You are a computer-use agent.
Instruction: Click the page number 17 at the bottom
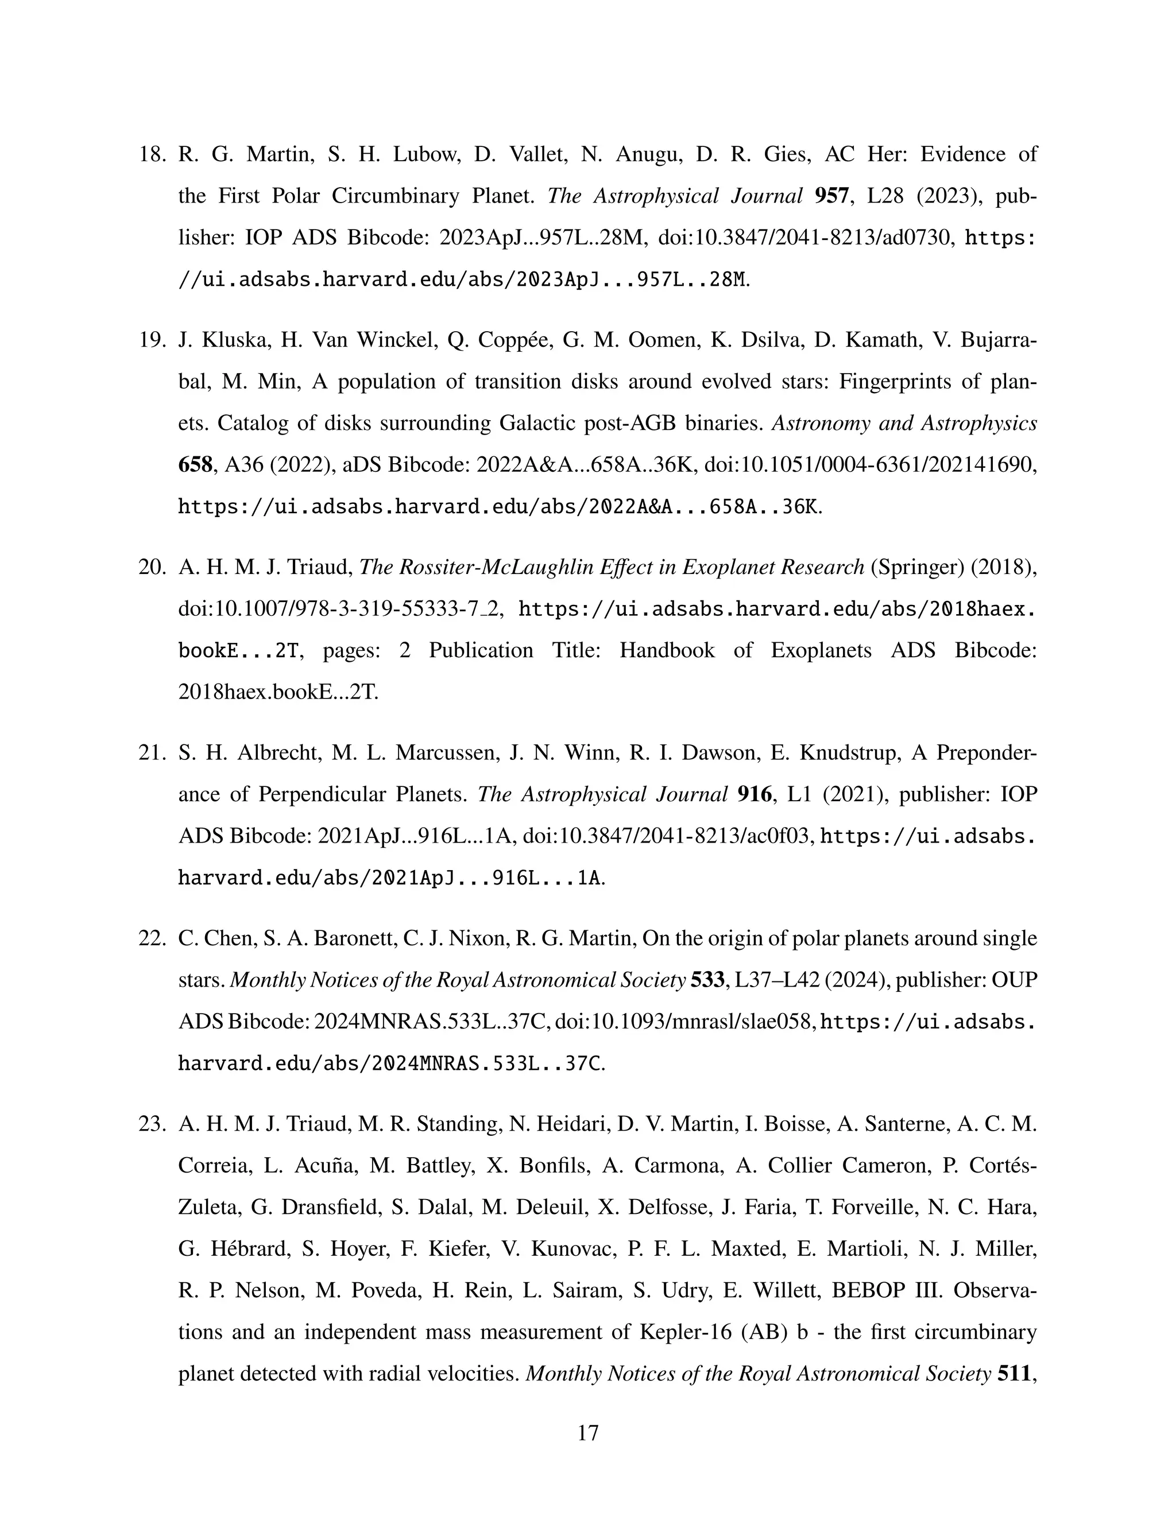coord(588,1433)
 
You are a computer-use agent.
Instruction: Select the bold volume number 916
coord(755,794)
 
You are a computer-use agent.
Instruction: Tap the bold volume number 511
coord(1016,1373)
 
